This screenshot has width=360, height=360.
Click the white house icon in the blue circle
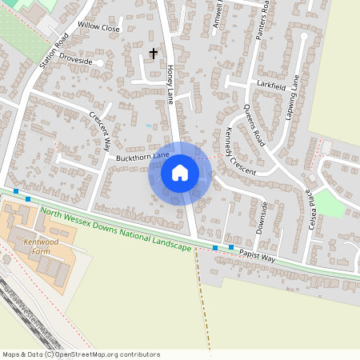pos(180,173)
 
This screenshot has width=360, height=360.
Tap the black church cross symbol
pos(154,54)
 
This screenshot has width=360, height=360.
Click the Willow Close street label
pos(99,27)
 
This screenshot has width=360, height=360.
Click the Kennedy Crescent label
pos(240,151)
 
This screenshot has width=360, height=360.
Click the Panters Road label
pos(258,21)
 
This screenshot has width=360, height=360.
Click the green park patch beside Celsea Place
pos(330,203)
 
